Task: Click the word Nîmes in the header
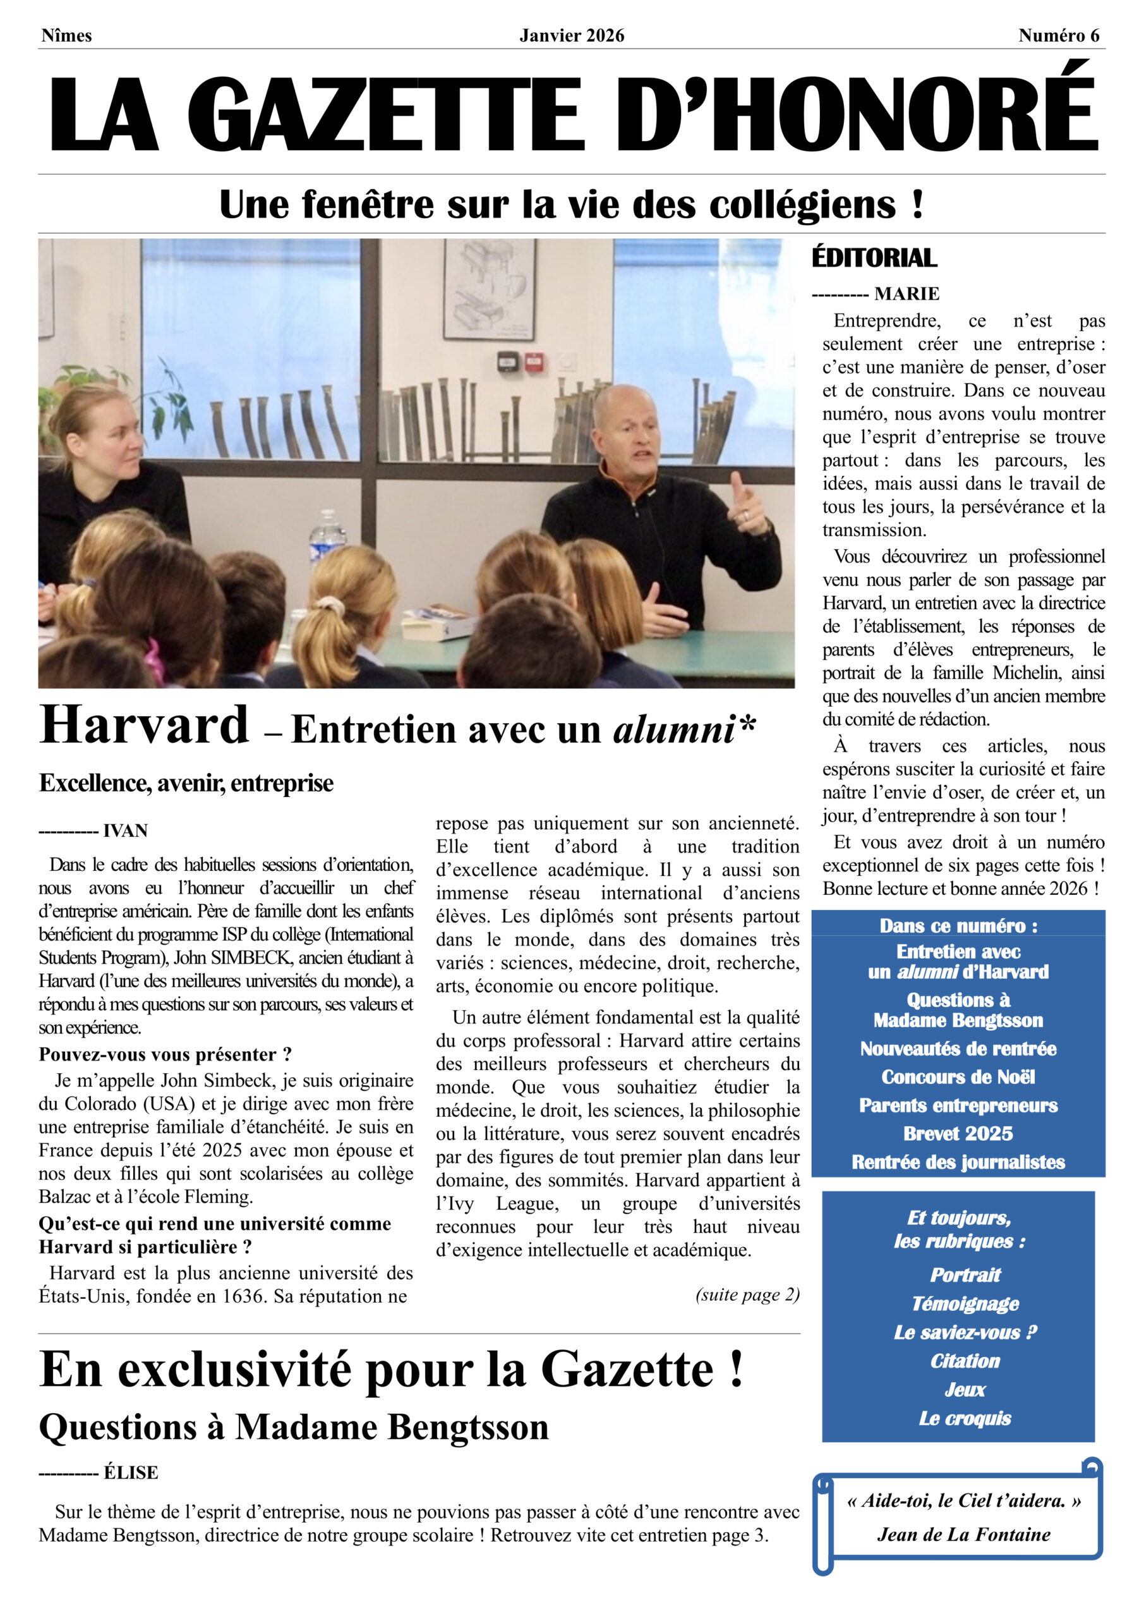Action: pos(66,35)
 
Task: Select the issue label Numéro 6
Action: pos(1058,35)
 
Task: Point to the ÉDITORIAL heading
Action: pos(874,258)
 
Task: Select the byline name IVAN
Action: pos(125,831)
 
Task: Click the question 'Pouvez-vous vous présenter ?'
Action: pos(165,1054)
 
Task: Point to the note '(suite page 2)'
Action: pos(747,1294)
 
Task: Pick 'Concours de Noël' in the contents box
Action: pos(958,1077)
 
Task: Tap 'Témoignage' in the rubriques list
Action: pos(965,1304)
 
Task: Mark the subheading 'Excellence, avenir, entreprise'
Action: pos(186,783)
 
